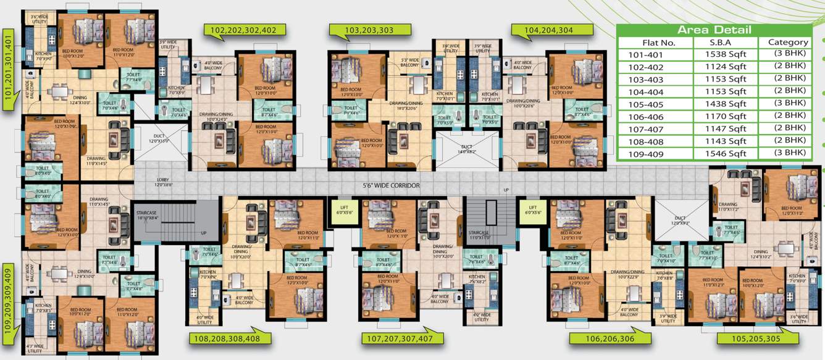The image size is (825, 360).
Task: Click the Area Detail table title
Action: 714,30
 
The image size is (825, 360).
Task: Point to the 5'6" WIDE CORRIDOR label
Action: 391,185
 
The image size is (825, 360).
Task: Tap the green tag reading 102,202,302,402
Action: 248,30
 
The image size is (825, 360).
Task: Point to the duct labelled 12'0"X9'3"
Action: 680,220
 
